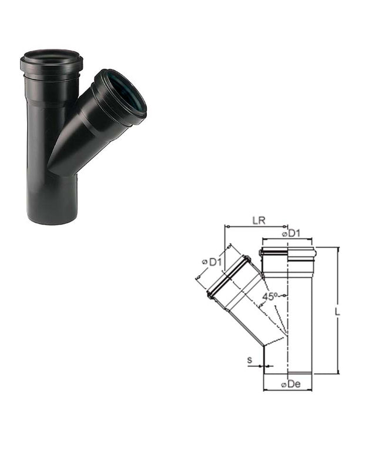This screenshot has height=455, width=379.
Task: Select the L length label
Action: [337, 312]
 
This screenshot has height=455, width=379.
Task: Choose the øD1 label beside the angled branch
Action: [210, 262]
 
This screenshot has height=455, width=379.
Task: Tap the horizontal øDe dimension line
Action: [288, 390]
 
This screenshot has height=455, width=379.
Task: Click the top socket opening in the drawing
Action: [288, 251]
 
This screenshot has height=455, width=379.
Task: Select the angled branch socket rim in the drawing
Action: [228, 277]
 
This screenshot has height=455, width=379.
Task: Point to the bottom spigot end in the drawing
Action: [288, 372]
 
